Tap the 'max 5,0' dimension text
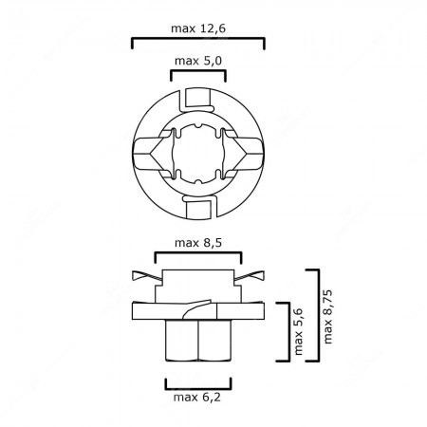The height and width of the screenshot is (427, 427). click(197, 61)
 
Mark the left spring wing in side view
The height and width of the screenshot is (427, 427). click(145, 276)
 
